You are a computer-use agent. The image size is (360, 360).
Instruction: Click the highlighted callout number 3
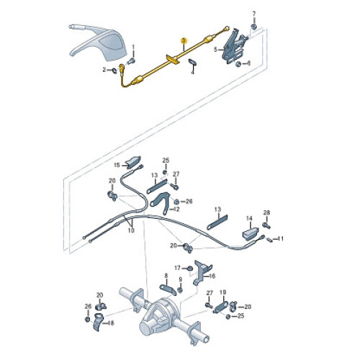coord(184,40)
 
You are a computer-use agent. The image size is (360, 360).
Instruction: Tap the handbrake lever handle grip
coord(81,27)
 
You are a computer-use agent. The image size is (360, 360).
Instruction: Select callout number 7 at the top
coord(254,14)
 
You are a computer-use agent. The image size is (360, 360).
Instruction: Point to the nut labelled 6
coord(238,64)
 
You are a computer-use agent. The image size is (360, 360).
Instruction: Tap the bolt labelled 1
coord(131,61)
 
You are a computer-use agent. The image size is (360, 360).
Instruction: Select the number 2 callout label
coord(104,70)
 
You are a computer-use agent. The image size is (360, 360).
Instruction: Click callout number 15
coord(117,165)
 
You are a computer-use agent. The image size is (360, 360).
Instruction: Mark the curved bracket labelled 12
coord(161,202)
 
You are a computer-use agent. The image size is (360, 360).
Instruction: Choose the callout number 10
coord(131,230)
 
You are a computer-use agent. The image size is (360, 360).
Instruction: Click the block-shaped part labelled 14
coord(250,233)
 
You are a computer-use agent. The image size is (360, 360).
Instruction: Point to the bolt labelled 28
coord(266,225)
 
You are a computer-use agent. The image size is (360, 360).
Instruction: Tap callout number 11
coord(281,239)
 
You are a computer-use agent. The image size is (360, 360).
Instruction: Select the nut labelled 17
coord(190,268)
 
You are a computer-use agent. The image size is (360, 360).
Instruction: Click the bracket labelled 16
coord(201,272)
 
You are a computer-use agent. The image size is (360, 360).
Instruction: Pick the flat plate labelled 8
coord(168,289)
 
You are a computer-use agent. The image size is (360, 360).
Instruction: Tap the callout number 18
coord(111,323)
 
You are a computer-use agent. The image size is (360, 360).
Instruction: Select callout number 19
coord(223,292)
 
